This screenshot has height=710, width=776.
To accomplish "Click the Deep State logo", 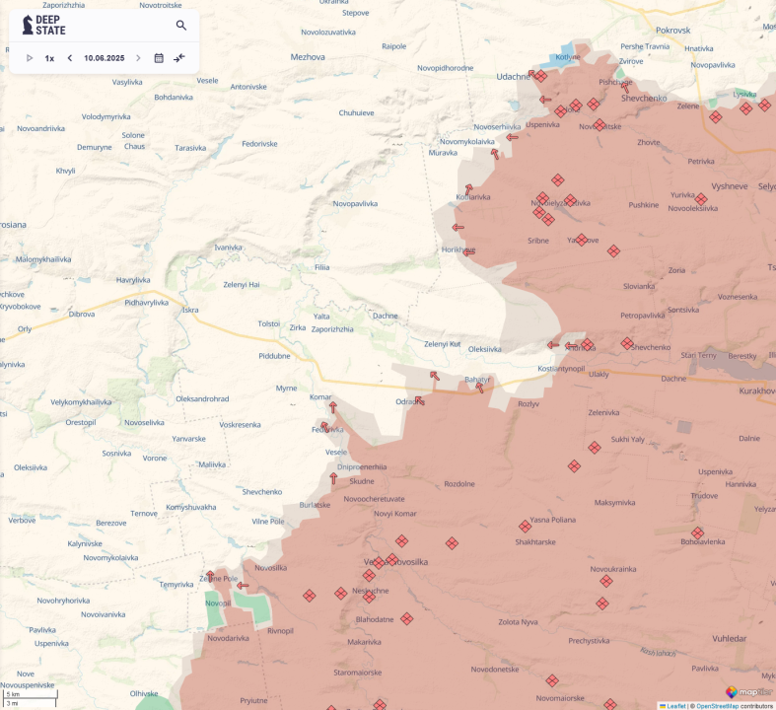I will pyautogui.click(x=44, y=25).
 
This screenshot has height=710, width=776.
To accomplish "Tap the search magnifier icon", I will pyautogui.click(x=181, y=25).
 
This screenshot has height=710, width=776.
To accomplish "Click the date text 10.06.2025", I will pyautogui.click(x=104, y=58).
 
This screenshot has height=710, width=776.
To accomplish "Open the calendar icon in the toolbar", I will pyautogui.click(x=159, y=58).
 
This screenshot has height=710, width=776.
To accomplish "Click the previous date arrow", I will pyautogui.click(x=70, y=58).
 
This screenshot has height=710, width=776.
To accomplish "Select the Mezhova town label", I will pyautogui.click(x=308, y=57).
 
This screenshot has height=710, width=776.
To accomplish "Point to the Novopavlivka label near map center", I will pyautogui.click(x=356, y=203).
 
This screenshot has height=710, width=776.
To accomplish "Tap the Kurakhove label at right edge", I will pyautogui.click(x=756, y=391).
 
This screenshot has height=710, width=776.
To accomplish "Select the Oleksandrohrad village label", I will pyautogui.click(x=202, y=398).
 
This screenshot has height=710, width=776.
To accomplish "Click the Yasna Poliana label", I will pyautogui.click(x=552, y=520).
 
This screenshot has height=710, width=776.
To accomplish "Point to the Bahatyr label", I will pyautogui.click(x=476, y=379).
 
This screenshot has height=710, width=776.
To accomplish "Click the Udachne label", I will pyautogui.click(x=513, y=76).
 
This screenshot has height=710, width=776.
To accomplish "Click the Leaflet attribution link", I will pyautogui.click(x=673, y=705).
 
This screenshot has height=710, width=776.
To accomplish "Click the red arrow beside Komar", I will pyautogui.click(x=332, y=406).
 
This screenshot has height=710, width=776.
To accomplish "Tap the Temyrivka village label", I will pyautogui.click(x=176, y=585).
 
